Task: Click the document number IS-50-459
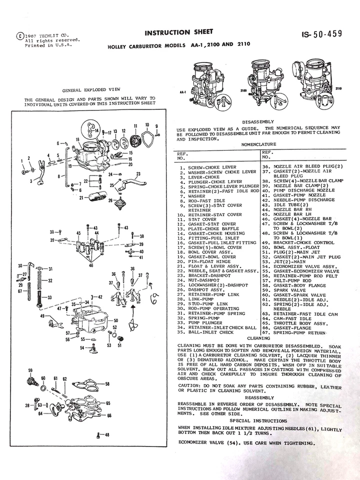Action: pyautogui.click(x=322, y=34)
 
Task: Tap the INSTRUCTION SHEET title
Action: pyautogui.click(x=175, y=33)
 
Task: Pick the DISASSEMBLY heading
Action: pyautogui.click(x=258, y=121)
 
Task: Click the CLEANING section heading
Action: pyautogui.click(x=258, y=337)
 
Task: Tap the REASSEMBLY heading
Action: pyautogui.click(x=259, y=397)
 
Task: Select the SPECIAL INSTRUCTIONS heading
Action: pyautogui.click(x=258, y=421)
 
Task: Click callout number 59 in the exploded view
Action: pyautogui.click(x=30, y=370)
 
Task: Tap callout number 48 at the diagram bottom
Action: pyautogui.click(x=106, y=435)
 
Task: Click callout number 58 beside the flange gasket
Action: pyautogui.click(x=107, y=384)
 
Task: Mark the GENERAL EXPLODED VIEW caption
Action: pyautogui.click(x=89, y=90)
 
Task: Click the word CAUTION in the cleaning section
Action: pyautogui.click(x=189, y=386)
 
